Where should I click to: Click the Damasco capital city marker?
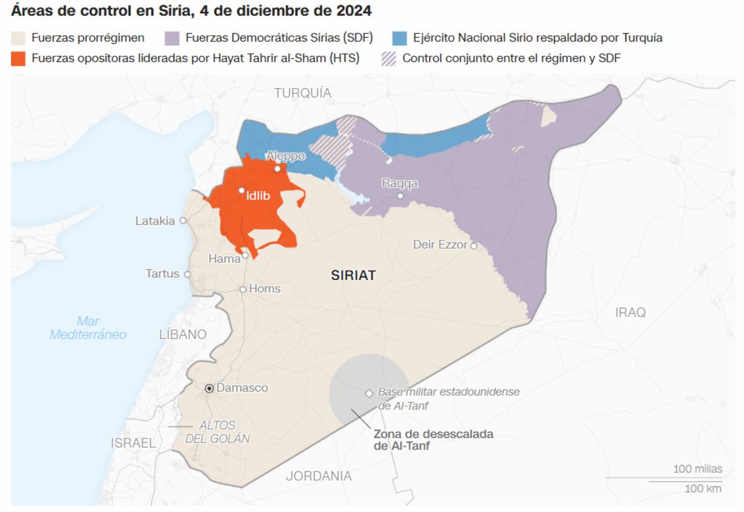(x=210, y=388)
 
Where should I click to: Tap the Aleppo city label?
(x=285, y=156)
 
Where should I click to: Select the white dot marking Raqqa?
(x=401, y=196)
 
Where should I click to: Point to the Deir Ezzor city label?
(x=440, y=245)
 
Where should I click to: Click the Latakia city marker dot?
(x=183, y=221)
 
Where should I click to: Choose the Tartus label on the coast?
(x=162, y=273)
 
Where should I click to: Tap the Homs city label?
(x=265, y=289)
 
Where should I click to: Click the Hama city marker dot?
(x=246, y=255)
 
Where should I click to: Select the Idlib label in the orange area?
(x=258, y=195)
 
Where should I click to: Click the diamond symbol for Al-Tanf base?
(x=369, y=393)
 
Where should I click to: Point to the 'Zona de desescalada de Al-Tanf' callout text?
(x=433, y=440)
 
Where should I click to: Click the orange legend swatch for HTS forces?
(x=19, y=58)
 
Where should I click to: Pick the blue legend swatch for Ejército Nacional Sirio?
(x=400, y=38)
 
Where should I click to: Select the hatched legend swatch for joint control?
(x=388, y=58)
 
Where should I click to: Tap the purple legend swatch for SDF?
(x=172, y=38)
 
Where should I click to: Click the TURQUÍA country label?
(x=303, y=93)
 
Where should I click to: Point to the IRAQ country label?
(x=630, y=312)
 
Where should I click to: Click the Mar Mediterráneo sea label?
(x=88, y=328)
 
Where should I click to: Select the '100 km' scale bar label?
(x=703, y=488)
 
